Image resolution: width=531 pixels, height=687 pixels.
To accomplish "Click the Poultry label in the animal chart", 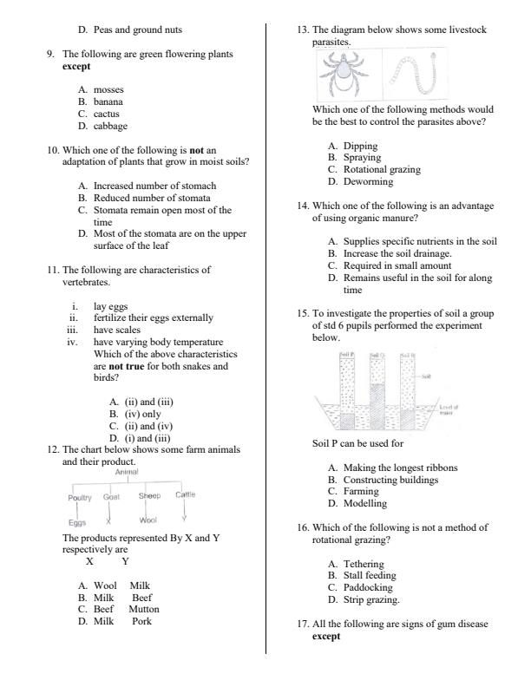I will click(82, 497).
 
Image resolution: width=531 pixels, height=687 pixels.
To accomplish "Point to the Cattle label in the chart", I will click(185, 494).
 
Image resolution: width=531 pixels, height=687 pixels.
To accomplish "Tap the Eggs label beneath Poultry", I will click(77, 522).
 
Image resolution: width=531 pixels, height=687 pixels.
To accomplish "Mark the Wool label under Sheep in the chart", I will click(147, 520).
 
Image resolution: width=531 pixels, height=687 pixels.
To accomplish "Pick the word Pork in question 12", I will click(141, 621).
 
